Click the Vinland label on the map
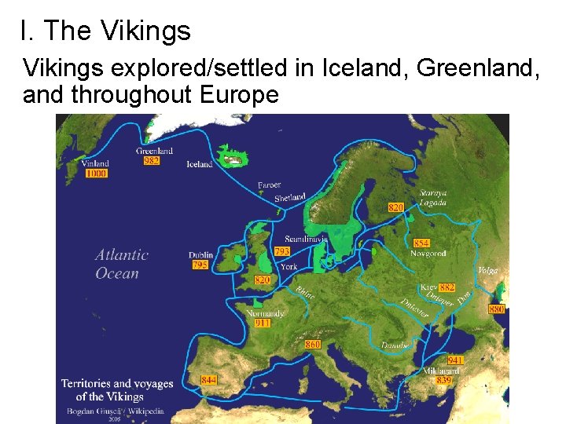(95, 163)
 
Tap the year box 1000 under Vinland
(97, 174)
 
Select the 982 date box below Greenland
(151, 160)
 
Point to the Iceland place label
(199, 165)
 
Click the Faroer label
(269, 185)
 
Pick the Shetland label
(290, 198)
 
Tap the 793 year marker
(282, 252)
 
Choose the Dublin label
(201, 255)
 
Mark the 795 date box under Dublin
(200, 265)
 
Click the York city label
(289, 267)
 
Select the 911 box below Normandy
(263, 323)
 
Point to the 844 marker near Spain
(208, 380)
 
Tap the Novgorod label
(428, 254)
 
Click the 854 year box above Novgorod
(421, 243)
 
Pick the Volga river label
(488, 270)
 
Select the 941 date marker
(455, 360)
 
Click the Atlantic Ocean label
(121, 264)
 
